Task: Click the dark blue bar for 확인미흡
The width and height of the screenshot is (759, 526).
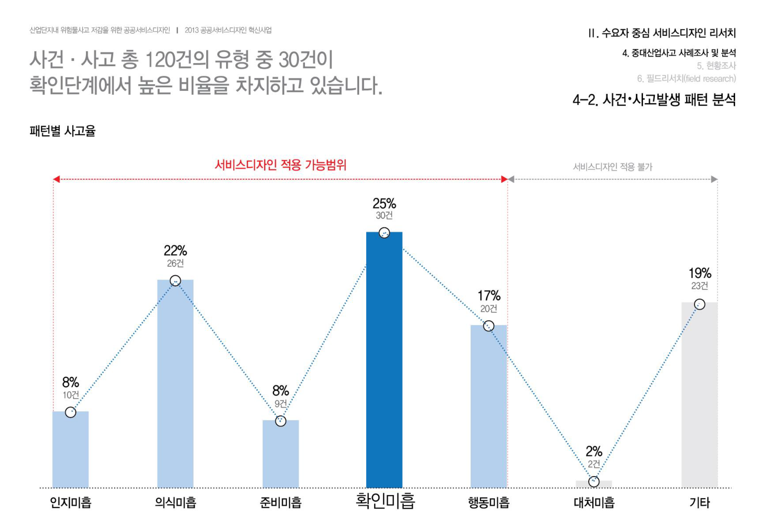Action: point(384,360)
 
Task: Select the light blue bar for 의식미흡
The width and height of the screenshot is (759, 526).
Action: point(175,383)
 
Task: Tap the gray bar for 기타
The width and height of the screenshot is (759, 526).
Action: point(699,394)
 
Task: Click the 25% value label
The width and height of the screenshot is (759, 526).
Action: point(384,203)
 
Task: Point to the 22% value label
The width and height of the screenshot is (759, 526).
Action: point(175,251)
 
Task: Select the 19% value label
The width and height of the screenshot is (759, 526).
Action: point(699,273)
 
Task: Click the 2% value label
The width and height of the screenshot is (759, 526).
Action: point(594,451)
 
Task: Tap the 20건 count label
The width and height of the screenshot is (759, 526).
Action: point(488,309)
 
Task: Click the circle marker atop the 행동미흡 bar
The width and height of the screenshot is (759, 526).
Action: point(488,326)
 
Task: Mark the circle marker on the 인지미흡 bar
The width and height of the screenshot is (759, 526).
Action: point(70,412)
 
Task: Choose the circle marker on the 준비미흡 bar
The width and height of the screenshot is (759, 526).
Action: point(281,421)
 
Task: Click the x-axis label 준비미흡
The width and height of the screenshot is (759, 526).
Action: point(281,502)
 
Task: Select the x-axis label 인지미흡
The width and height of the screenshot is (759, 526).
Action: point(70,502)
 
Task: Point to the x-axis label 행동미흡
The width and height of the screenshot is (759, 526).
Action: point(488,502)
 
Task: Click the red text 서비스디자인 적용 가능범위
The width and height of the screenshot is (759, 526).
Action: point(280,165)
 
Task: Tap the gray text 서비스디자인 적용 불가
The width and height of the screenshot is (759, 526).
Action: point(612,167)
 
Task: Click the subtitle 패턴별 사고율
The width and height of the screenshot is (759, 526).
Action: point(62,131)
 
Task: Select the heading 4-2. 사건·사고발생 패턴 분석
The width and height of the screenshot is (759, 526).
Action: point(654,100)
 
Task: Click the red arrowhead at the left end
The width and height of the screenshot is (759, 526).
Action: point(57,179)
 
